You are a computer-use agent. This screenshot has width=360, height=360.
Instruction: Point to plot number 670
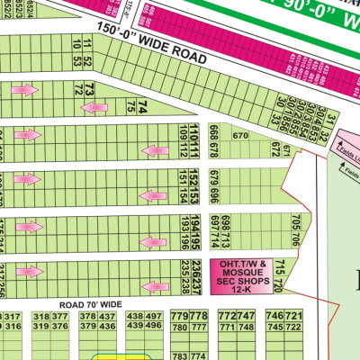coord(240,136)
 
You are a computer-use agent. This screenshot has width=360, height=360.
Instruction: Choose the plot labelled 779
coord(179,317)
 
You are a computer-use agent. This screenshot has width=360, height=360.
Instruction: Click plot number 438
coord(134,317)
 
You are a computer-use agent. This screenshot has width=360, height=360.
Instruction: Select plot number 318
coord(40,317)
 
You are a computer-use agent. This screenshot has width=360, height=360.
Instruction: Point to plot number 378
coord(87,317)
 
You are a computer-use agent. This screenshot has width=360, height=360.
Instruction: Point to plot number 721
coord(294,317)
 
